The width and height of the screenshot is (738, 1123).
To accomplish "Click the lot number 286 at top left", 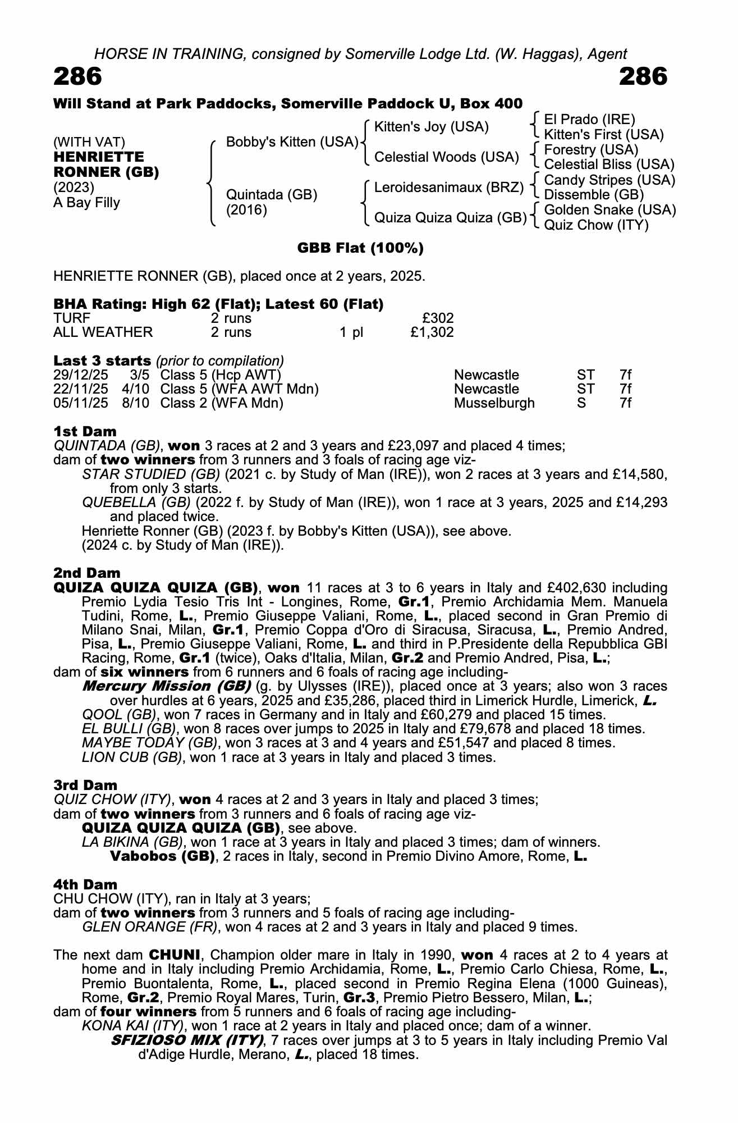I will (x=78, y=76).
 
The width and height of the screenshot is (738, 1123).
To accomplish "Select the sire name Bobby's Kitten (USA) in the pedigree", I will (x=292, y=142).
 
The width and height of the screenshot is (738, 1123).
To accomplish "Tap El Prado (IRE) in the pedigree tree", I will (x=589, y=120).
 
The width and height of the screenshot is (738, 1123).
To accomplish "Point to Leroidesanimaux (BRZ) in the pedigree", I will (x=448, y=187).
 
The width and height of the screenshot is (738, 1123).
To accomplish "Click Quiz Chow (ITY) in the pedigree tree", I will (x=596, y=225).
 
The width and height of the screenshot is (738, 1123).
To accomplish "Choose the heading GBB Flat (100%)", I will (x=360, y=248).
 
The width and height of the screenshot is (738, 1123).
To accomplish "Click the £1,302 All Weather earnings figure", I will (x=432, y=332).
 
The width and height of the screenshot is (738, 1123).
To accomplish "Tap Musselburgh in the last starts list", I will (x=494, y=403).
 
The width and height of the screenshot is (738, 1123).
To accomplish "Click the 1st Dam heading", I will (x=85, y=431).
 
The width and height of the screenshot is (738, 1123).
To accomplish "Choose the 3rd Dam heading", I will (x=85, y=785).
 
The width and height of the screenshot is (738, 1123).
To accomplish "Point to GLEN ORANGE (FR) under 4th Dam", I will (x=149, y=927).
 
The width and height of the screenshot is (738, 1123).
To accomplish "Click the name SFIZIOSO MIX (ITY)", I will (x=187, y=1040).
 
